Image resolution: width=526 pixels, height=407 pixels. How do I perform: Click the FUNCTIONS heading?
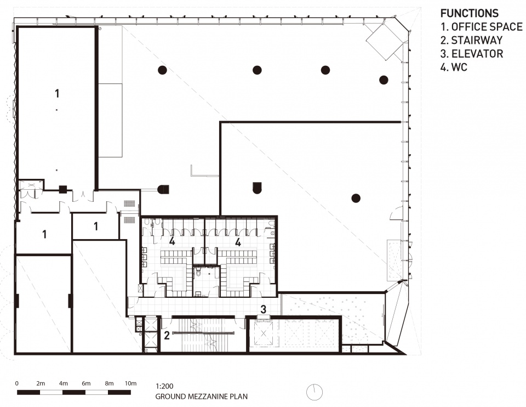(x=470, y=13)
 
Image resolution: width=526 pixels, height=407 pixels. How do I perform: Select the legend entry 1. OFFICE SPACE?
(x=482, y=27)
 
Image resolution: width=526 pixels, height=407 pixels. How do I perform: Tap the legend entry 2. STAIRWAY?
(x=472, y=40)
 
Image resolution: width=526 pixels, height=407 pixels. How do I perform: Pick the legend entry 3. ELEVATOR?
(x=472, y=54)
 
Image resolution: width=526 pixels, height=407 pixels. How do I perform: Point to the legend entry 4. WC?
(x=454, y=67)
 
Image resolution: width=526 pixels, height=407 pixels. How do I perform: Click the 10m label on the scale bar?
(x=131, y=383)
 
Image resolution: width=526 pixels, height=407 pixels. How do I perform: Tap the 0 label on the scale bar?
(x=17, y=383)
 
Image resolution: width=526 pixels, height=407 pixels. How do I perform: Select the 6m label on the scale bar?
(x=86, y=383)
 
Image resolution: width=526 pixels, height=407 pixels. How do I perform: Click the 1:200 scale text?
(x=164, y=386)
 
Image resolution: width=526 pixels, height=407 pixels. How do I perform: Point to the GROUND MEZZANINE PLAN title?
(x=201, y=397)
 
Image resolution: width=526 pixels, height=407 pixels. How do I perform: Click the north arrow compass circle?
(x=315, y=392)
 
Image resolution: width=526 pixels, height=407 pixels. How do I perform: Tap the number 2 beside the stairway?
(x=167, y=335)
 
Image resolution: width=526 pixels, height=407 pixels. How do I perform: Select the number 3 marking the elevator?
(x=264, y=309)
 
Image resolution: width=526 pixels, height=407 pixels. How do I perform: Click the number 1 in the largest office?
(x=57, y=93)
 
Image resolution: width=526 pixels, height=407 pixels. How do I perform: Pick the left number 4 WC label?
(x=172, y=241)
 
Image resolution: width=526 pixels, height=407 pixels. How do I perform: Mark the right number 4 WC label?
(x=238, y=242)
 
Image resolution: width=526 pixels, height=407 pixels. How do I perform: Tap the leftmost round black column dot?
(x=162, y=70)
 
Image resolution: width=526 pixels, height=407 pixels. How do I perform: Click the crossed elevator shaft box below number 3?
(x=264, y=332)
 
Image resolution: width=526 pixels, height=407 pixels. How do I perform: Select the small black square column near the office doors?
(x=62, y=189)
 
